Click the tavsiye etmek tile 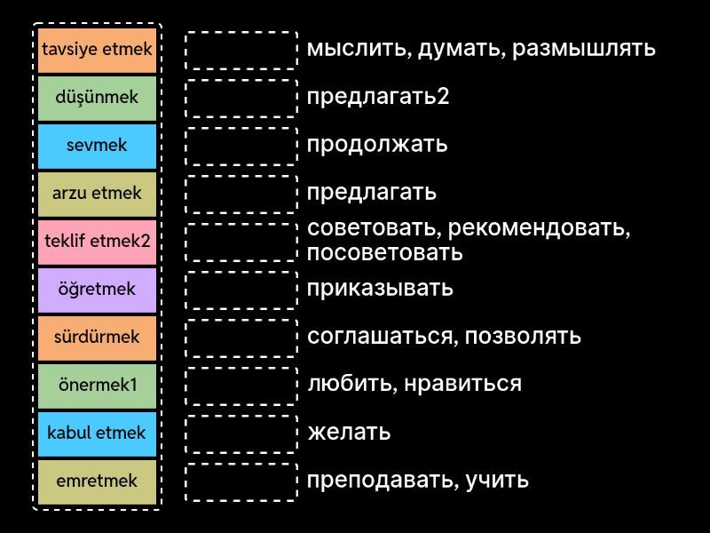(97, 50)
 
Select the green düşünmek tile (97, 98)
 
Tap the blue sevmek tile (97, 146)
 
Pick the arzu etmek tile (97, 194)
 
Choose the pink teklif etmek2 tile (97, 242)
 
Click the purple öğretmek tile (97, 290)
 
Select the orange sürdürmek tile (97, 338)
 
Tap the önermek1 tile (97, 386)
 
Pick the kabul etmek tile (97, 434)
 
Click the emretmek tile (97, 481)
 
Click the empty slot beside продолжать (241, 146)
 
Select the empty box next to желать (241, 434)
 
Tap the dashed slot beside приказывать (241, 290)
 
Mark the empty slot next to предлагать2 (241, 98)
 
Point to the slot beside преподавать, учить (241, 481)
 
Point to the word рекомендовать (537, 228)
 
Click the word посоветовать (384, 252)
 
